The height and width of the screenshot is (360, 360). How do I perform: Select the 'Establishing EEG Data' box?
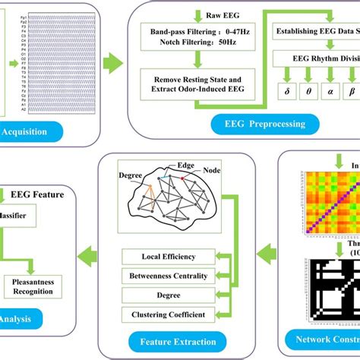(x=318, y=32)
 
